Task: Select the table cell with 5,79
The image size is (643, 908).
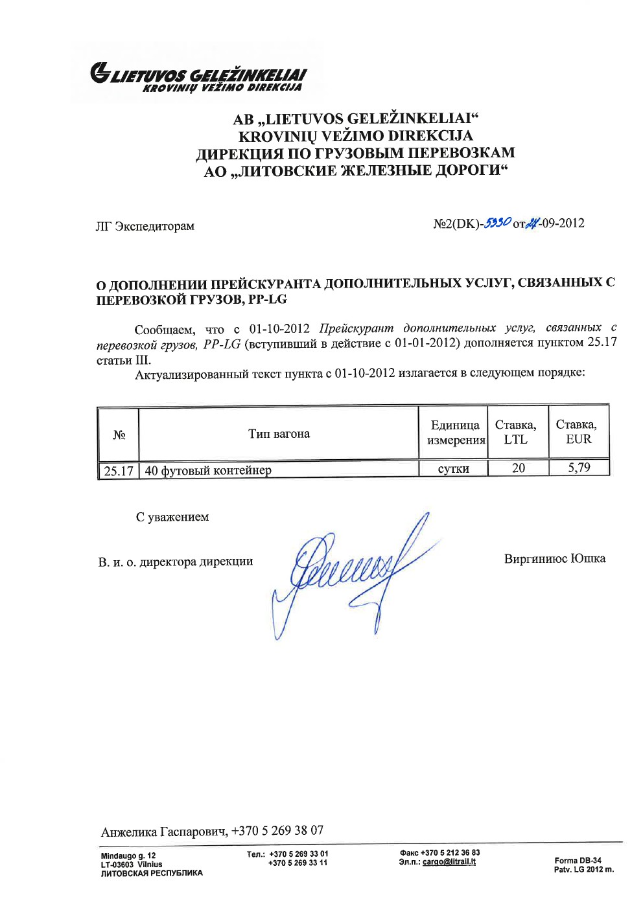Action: pyautogui.click(x=579, y=468)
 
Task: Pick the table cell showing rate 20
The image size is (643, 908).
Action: pyautogui.click(x=518, y=468)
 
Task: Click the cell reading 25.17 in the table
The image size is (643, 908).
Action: pyautogui.click(x=119, y=471)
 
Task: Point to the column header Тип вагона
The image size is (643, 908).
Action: pyautogui.click(x=279, y=434)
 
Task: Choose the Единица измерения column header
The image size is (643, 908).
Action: pyautogui.click(x=455, y=433)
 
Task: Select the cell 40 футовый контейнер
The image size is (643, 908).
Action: pyautogui.click(x=208, y=471)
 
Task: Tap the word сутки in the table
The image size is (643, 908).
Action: pyautogui.click(x=453, y=469)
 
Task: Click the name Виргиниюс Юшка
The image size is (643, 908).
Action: pyautogui.click(x=555, y=559)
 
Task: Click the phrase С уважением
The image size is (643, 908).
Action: pyautogui.click(x=172, y=517)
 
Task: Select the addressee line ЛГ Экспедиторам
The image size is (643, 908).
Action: pyautogui.click(x=145, y=226)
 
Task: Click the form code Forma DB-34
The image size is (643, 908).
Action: pyautogui.click(x=578, y=861)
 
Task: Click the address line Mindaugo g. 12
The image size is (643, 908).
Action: pyautogui.click(x=128, y=856)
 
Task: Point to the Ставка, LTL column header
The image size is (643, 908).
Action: pyautogui.click(x=516, y=432)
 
